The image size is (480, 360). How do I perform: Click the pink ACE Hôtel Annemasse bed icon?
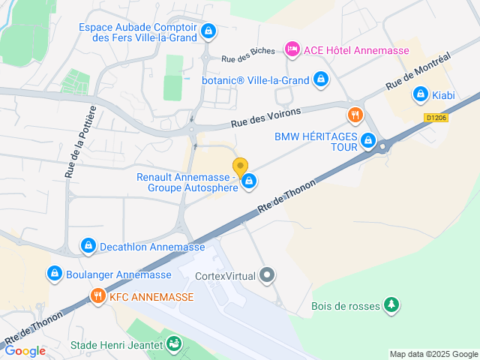[292, 49]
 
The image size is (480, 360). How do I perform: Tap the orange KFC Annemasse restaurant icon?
[97, 296]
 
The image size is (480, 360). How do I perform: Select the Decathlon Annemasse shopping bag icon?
[88, 246]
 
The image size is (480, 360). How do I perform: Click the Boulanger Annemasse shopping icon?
[54, 274]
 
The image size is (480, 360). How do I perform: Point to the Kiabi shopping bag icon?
[420, 95]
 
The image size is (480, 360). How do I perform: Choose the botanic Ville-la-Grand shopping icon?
[320, 78]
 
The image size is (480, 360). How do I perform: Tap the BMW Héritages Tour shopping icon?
[368, 140]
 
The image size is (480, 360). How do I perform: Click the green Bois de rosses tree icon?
[390, 305]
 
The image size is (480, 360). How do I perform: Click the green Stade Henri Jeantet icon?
[174, 345]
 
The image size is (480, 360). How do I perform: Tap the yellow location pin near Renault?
[240, 167]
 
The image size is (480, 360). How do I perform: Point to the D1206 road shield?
[436, 118]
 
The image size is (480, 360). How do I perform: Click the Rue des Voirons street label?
[265, 117]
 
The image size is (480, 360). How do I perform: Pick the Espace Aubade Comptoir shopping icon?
[208, 32]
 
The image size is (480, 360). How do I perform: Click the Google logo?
[25, 351]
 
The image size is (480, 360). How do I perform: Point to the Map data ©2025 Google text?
[433, 354]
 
